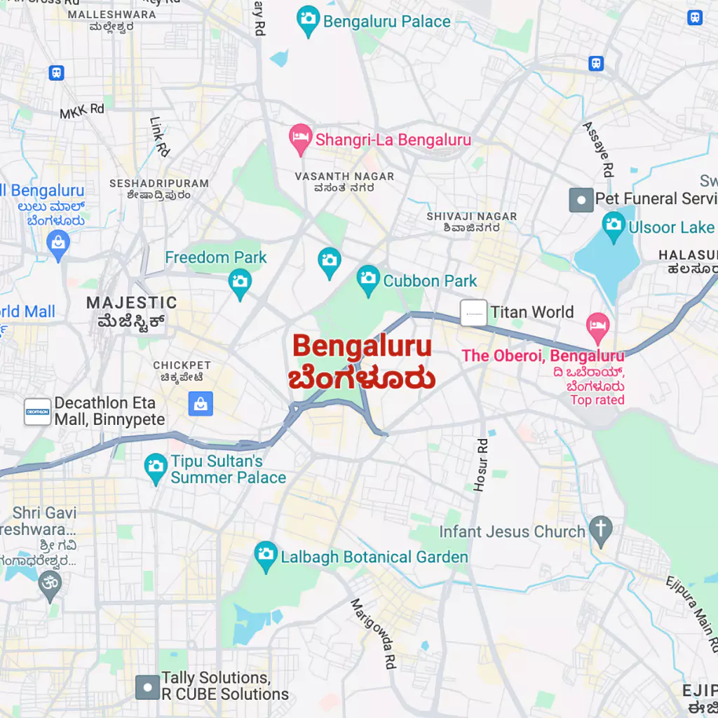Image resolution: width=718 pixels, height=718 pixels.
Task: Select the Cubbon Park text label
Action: pos(430,281)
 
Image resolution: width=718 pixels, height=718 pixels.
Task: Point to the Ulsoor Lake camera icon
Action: pos(614,226)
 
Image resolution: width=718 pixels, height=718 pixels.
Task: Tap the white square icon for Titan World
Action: pos(473,313)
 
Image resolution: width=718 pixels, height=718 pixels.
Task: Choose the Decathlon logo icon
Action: pos(37,412)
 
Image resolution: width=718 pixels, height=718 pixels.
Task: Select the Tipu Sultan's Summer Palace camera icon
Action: pos(155,466)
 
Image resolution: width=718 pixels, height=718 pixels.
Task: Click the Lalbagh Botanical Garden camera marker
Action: pos(265,555)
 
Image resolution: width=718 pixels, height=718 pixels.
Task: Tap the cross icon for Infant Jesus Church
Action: pos(600,530)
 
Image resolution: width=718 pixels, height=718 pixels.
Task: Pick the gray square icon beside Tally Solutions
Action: pos(147,687)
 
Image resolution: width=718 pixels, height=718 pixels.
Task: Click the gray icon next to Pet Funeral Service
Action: pos(581,200)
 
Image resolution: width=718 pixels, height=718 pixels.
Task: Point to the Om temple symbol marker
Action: pos(49,583)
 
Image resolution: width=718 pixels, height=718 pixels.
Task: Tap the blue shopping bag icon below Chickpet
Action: pos(201,403)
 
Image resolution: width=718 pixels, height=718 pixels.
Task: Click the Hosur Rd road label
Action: pos(481,464)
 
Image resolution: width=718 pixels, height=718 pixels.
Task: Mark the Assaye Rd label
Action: pos(599,149)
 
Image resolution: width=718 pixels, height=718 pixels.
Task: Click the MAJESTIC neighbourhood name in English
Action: pos(132,303)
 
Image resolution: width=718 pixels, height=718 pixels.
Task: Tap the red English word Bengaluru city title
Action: pos(362,346)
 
